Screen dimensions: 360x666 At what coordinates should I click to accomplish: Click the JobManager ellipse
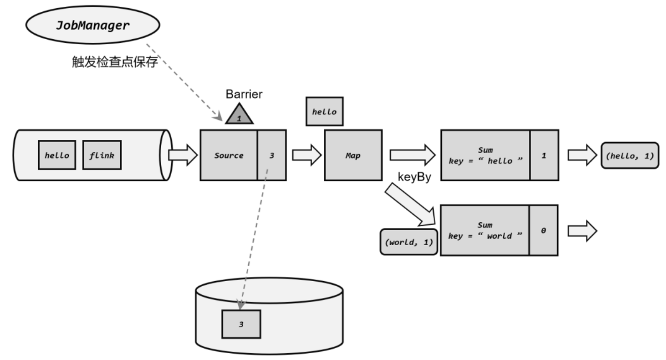92,26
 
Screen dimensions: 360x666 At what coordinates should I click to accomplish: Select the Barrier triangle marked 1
239,115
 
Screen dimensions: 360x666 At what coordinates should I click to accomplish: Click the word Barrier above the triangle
244,94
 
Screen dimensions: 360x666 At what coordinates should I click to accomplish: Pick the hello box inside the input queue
57,155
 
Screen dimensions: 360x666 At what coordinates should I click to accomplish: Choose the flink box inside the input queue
102,155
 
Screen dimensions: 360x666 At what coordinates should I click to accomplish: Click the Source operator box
229,155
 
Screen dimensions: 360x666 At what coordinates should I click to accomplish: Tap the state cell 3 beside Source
272,155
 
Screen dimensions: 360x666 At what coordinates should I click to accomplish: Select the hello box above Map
324,111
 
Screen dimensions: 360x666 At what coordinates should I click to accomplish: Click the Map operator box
353,155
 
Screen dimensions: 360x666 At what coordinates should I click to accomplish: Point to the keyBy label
414,178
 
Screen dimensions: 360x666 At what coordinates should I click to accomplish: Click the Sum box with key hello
485,155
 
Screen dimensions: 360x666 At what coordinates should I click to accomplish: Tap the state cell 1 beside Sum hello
544,155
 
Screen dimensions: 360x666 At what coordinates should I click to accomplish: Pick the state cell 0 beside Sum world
543,230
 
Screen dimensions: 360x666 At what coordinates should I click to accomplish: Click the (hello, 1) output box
630,155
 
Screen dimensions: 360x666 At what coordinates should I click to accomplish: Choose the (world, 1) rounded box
409,242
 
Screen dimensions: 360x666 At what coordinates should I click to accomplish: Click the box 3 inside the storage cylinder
241,324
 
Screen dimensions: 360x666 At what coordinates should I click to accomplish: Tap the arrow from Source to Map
306,155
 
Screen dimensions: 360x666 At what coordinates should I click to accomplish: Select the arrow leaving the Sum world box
582,231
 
